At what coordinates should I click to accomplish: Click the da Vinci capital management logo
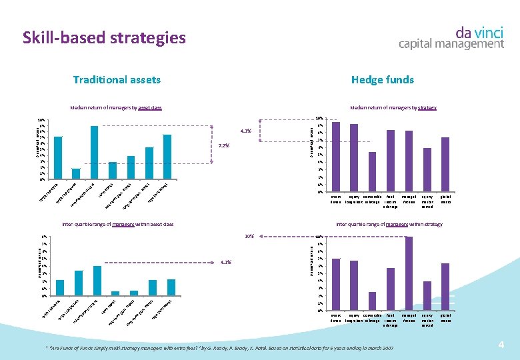coord(451,37)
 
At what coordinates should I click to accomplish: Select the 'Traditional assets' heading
coord(117,80)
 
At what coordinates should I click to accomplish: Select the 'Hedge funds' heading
coord(382,80)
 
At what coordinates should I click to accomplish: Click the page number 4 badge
coord(501,344)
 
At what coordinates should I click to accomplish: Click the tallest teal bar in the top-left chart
coord(94,153)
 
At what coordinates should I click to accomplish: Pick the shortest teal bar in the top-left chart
coord(76,174)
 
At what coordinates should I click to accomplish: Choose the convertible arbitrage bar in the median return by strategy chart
coord(372,172)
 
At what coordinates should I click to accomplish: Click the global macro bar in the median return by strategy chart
coord(445,165)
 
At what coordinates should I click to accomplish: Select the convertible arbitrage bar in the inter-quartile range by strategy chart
coord(372,301)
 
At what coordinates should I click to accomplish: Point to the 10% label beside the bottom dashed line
coord(249,236)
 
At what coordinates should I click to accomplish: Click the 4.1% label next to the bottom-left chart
coord(225,262)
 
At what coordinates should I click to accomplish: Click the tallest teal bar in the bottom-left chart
coord(97,280)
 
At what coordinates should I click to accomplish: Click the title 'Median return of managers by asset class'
coord(116,107)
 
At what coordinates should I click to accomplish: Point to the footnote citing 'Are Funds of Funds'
coord(219,348)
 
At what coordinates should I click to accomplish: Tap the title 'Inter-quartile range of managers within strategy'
coord(389,225)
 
